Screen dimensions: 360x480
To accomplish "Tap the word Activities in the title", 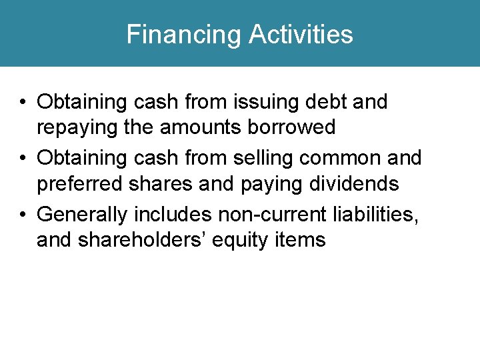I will point(301,34).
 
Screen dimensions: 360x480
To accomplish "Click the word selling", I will point(263,158).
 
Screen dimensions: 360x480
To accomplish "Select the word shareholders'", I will point(142,239).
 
